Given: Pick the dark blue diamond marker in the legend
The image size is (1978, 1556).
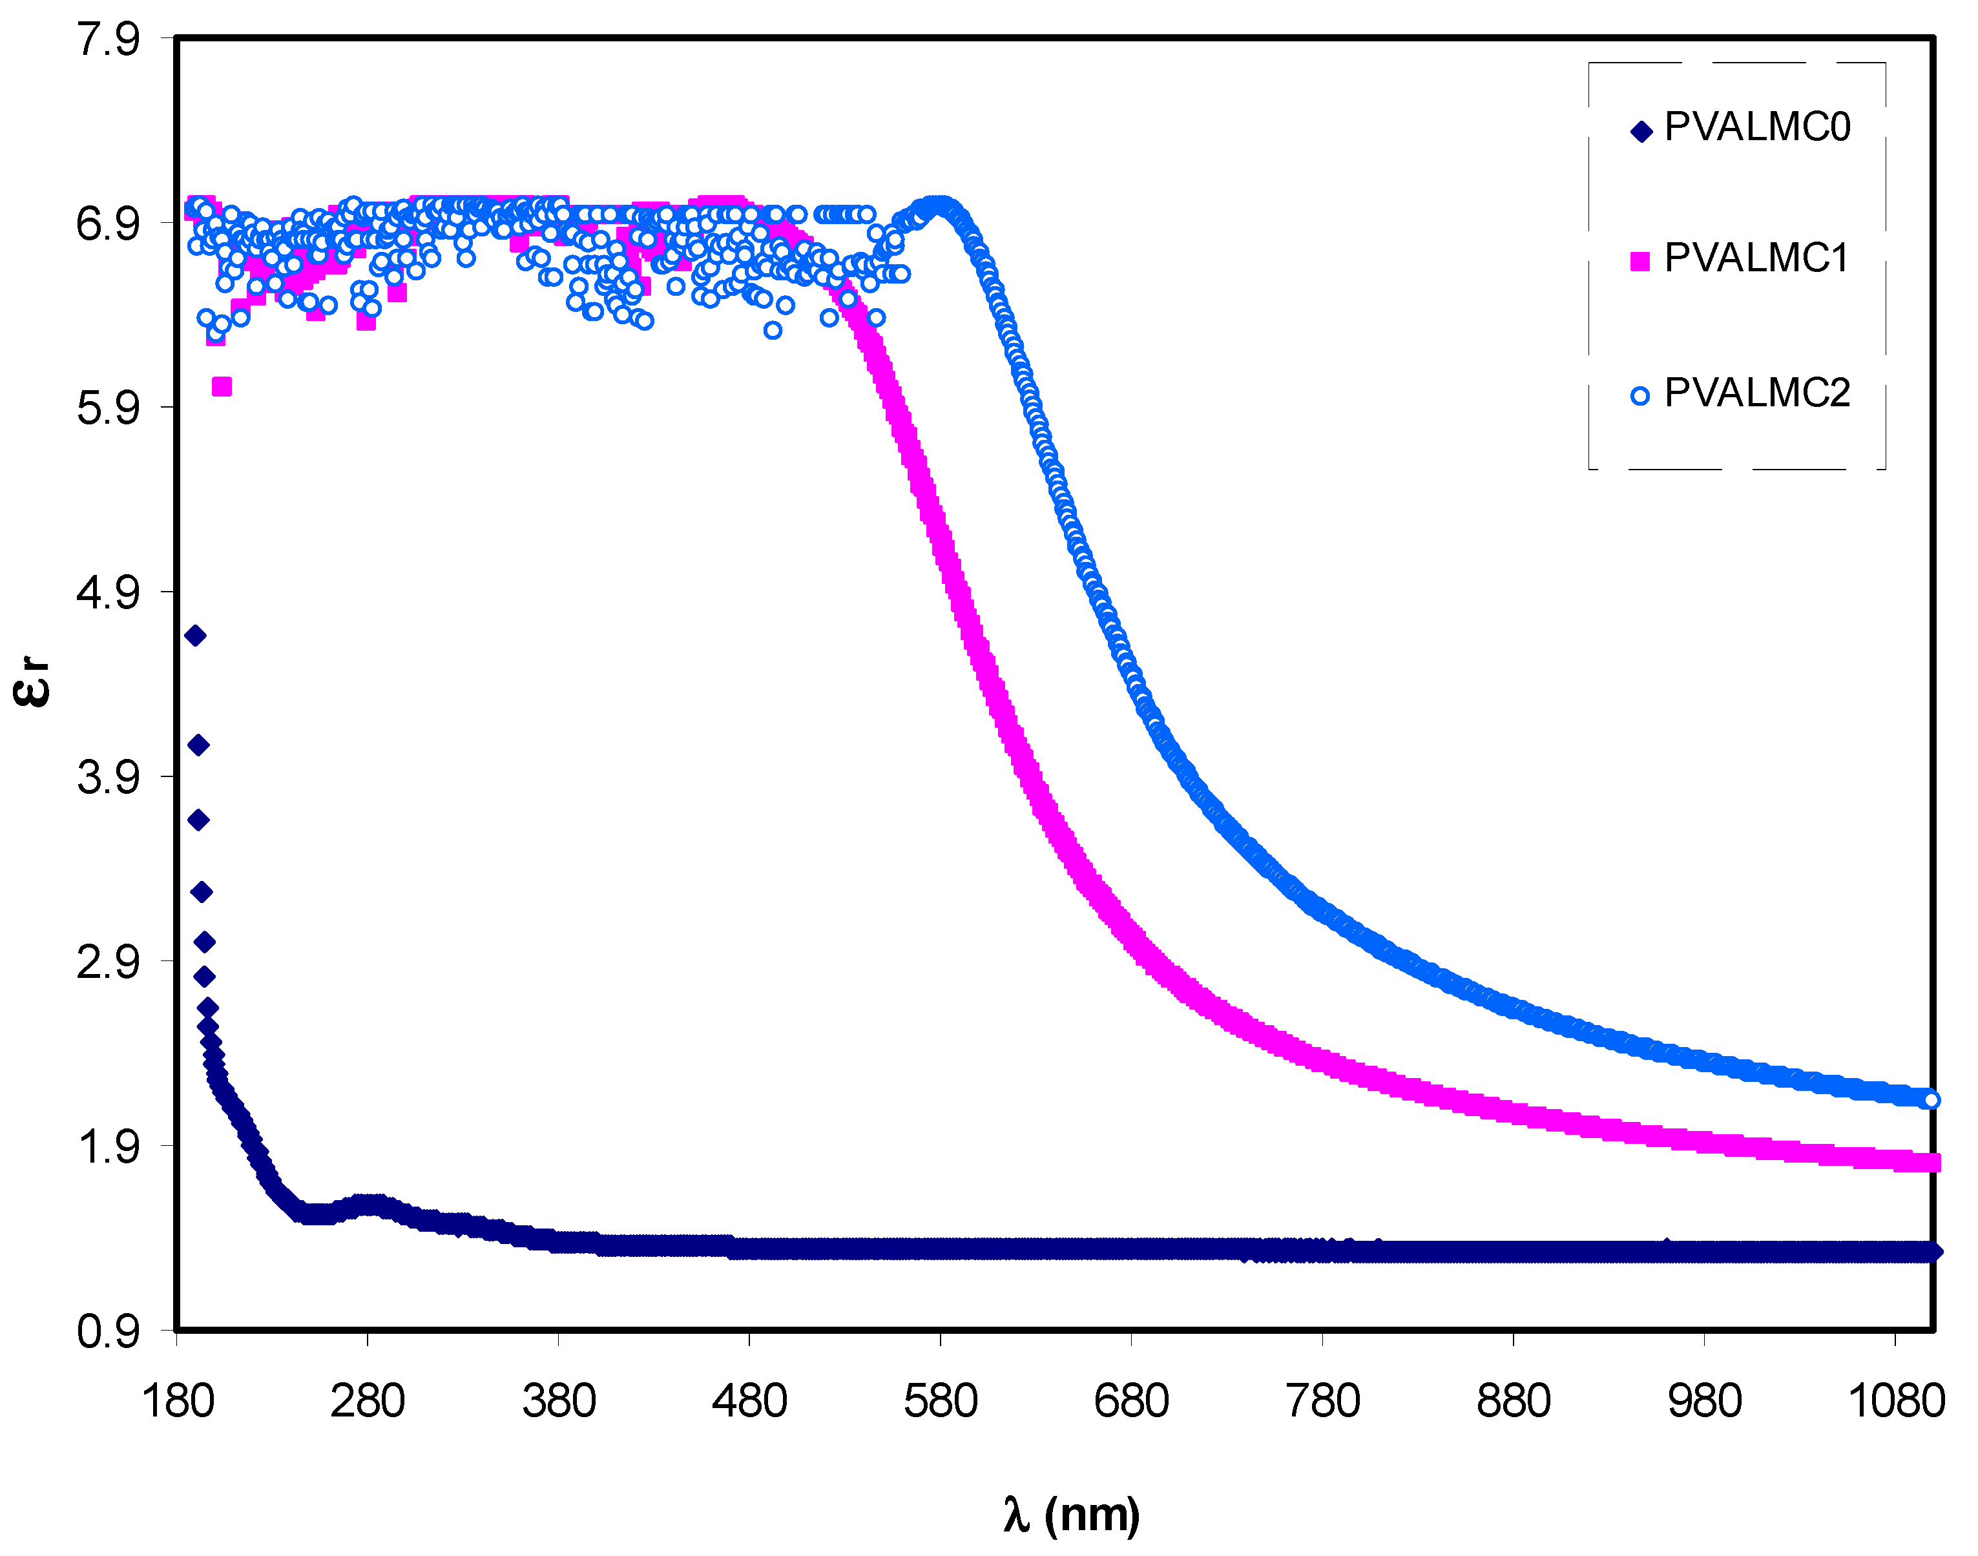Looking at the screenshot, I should pos(1640,132).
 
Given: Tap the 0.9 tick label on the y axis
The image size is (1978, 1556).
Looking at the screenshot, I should pos(107,1333).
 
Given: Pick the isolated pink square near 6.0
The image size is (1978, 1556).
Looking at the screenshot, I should pos(222,387).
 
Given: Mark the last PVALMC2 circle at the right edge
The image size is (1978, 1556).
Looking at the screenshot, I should pos(1931,1099).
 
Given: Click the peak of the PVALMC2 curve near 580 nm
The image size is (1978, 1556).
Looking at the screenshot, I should pos(939,204).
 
